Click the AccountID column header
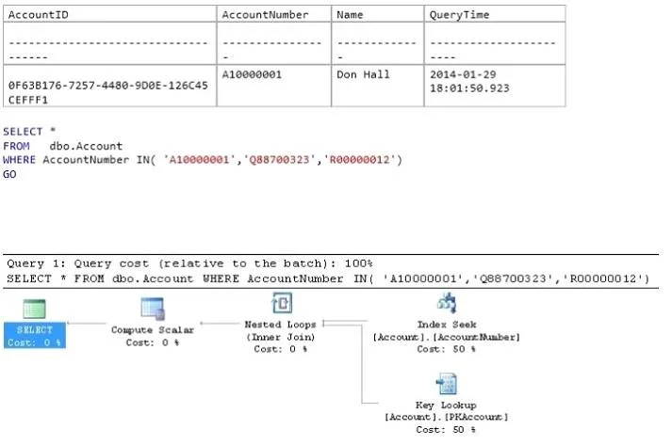pos(38,14)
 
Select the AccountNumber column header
pos(265,14)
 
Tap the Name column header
pos(350,14)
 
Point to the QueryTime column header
pos(459,14)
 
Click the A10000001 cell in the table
pos(252,74)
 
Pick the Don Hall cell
pos(363,74)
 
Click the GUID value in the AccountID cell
pos(108,92)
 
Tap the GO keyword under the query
pos(9,174)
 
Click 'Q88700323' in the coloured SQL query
pos(279,160)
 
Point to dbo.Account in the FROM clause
pos(86,146)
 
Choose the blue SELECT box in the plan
pos(35,336)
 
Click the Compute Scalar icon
pos(153,309)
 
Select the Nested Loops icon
pos(282,303)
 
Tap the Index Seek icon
pos(446,303)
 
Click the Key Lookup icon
pos(446,384)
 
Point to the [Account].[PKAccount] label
pos(446,417)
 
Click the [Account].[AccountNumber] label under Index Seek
pos(446,337)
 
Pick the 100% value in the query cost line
pos(358,263)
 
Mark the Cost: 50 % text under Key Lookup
pos(446,429)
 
